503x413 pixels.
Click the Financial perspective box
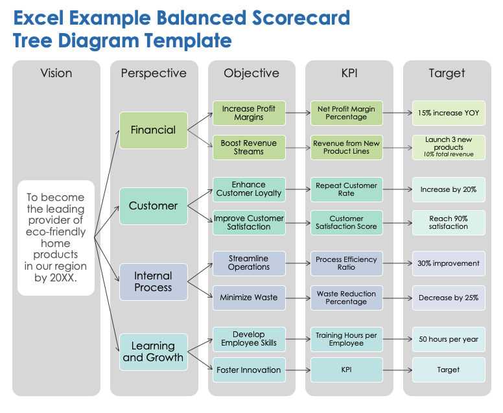pos(153,130)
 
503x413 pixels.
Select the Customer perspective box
pos(153,206)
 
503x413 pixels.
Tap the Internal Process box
pos(153,281)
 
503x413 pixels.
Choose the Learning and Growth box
pos(153,351)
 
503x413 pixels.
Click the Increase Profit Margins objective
pos(249,113)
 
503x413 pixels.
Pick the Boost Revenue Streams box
pos(249,147)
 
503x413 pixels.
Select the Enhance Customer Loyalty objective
pos(249,189)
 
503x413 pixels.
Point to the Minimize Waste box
pos(249,298)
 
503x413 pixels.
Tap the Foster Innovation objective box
pos(249,370)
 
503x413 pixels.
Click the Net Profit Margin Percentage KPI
pos(346,113)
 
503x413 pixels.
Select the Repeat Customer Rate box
pos(346,189)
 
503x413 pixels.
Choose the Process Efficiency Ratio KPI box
pos(346,263)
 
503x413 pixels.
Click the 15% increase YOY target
pos(449,113)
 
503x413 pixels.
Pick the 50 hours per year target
pos(449,339)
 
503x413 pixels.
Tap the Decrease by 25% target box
pos(449,298)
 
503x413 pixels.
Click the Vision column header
pos(56,73)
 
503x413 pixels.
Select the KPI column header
pos(349,73)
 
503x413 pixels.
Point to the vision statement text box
pos(56,238)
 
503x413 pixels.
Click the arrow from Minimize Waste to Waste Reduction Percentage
pos(298,298)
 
